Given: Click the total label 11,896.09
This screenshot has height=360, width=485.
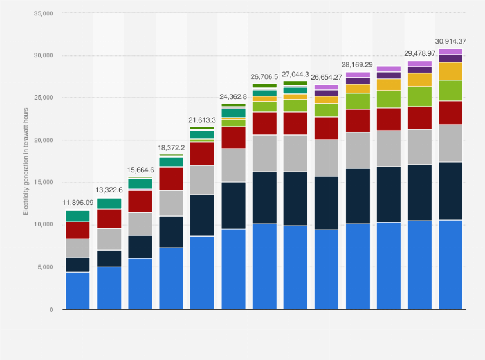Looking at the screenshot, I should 78,203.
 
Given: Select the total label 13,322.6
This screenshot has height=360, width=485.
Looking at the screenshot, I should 109,190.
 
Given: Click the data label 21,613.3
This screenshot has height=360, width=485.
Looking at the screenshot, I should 202,120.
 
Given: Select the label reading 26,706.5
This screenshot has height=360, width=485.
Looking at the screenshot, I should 264,76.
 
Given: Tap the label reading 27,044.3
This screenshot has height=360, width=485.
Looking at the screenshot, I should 295,74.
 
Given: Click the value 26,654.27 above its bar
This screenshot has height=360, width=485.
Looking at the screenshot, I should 326,77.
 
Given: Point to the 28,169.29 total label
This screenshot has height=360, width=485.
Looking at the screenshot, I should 357,64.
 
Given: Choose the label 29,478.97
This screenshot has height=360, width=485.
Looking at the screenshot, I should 419,53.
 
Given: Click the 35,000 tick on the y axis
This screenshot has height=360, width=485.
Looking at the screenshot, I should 43,13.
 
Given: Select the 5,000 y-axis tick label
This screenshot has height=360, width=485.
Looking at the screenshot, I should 45,267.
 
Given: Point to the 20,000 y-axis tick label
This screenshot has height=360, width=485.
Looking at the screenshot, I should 43,140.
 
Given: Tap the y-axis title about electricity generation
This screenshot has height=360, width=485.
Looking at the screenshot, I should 26,161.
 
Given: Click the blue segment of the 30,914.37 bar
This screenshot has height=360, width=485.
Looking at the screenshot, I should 450,264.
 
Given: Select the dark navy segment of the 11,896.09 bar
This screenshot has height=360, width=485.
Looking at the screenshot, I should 78,264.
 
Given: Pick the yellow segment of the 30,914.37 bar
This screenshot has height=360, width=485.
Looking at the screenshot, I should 450,71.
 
